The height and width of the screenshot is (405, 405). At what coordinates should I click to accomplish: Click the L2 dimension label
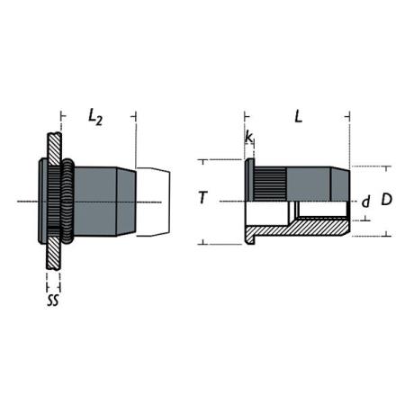95,117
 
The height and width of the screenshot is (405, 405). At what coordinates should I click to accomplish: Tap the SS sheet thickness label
53,300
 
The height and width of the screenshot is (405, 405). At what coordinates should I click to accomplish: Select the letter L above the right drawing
298,116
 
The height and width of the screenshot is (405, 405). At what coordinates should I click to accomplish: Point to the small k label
248,137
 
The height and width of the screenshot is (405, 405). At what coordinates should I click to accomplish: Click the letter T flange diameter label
203,198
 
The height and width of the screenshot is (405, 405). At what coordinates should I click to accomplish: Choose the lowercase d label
365,202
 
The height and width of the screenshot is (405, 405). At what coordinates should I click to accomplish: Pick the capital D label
386,199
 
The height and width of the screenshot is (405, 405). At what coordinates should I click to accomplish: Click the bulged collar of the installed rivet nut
67,202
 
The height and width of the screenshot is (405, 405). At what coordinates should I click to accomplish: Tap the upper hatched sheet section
54,148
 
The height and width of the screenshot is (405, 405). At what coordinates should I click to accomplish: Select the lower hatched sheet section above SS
54,253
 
